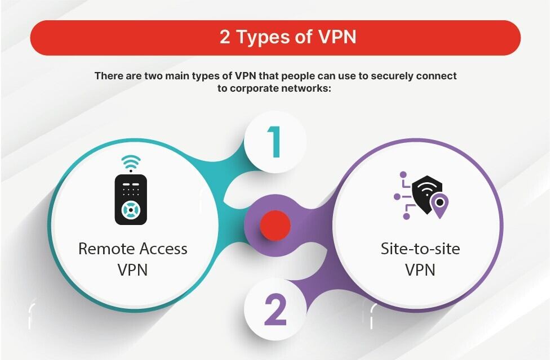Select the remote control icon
point(131,199)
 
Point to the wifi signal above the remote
point(131,162)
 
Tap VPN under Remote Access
point(133,269)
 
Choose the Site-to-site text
point(420,249)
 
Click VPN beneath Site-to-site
point(420,269)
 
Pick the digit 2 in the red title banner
point(225,37)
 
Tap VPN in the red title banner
point(336,37)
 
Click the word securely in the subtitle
point(370,75)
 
